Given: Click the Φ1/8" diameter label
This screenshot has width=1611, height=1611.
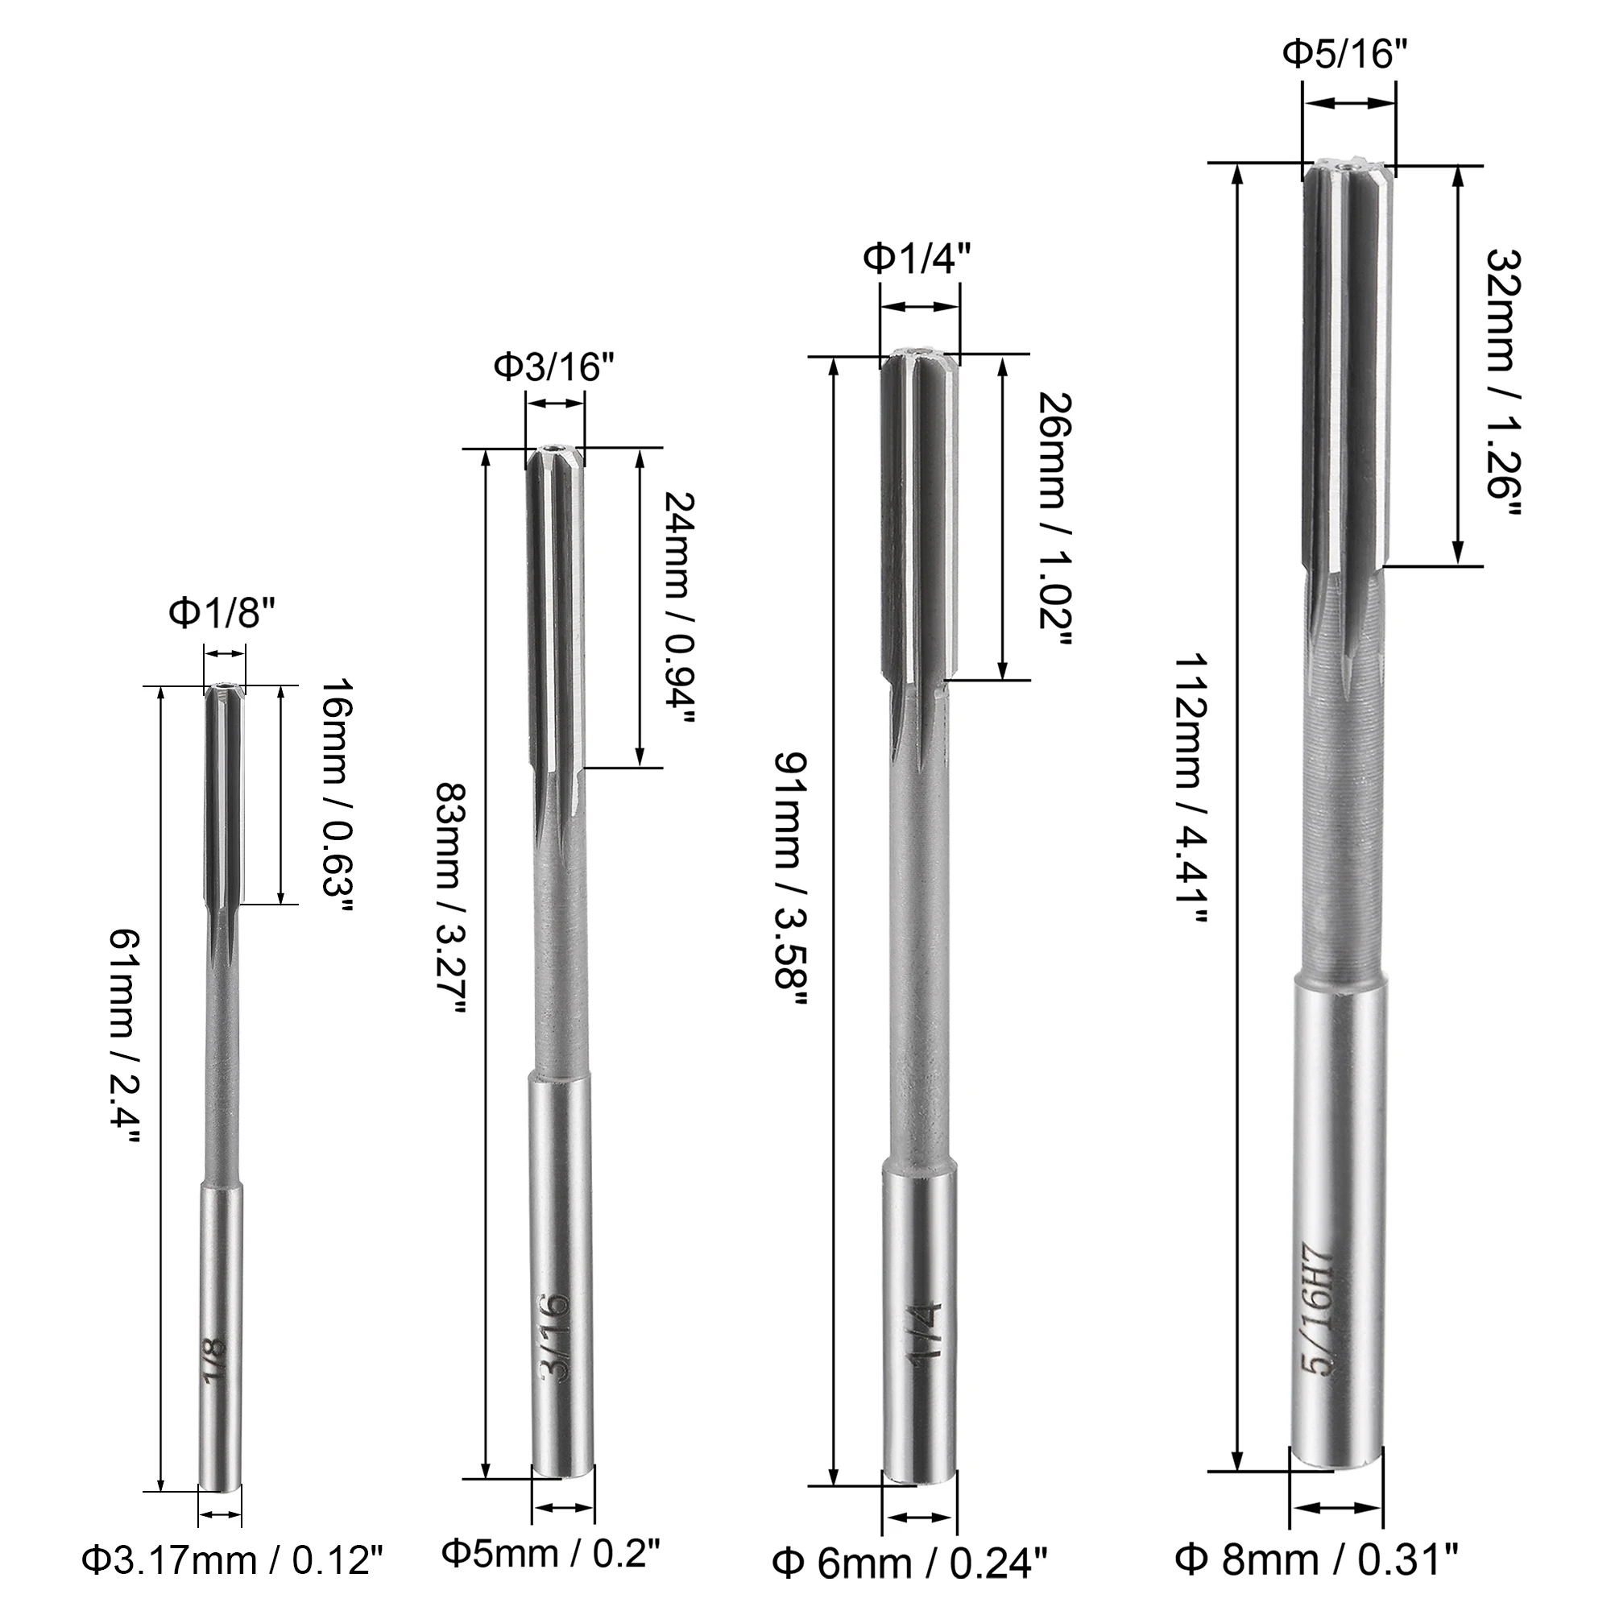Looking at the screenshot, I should point(222,614).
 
